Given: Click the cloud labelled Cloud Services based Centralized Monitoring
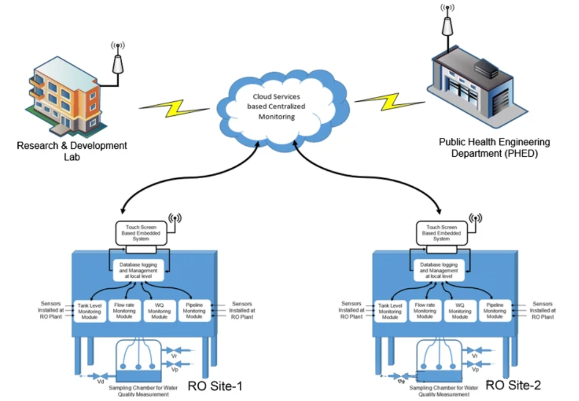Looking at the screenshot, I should [276, 107].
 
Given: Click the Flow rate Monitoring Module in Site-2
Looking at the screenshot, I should [425, 311].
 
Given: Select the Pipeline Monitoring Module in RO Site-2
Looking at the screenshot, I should [495, 311].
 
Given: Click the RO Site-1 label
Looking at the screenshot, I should [215, 386].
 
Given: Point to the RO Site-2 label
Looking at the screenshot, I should [513, 385].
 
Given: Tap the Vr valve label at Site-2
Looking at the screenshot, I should [475, 356].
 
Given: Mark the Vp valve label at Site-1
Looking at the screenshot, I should [175, 370].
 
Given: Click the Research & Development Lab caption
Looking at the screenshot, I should [72, 150].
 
